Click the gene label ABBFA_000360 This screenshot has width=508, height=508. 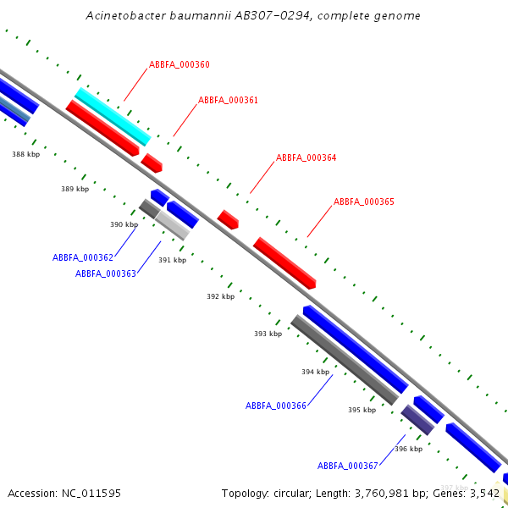coord(179,64)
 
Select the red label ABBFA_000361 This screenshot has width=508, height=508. coord(228,100)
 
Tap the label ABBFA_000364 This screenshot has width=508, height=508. coord(306,157)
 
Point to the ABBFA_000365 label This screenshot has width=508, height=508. coord(363,202)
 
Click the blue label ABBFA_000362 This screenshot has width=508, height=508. coord(83,257)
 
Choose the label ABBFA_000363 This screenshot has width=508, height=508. coord(106,273)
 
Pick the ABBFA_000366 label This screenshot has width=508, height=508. coord(276,406)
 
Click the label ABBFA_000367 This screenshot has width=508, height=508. coord(348,466)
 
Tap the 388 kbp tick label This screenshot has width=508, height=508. coord(25,154)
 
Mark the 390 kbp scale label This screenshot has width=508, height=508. coord(124,224)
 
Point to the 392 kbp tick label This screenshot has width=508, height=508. coord(220,296)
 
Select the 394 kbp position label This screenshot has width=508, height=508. coord(315,372)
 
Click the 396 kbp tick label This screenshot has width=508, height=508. coord(408,449)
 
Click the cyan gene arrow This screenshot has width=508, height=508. coord(113,117)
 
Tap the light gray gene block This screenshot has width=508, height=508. coord(172,225)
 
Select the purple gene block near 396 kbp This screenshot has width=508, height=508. coord(417,419)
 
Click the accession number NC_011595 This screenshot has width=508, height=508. coord(91,493)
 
